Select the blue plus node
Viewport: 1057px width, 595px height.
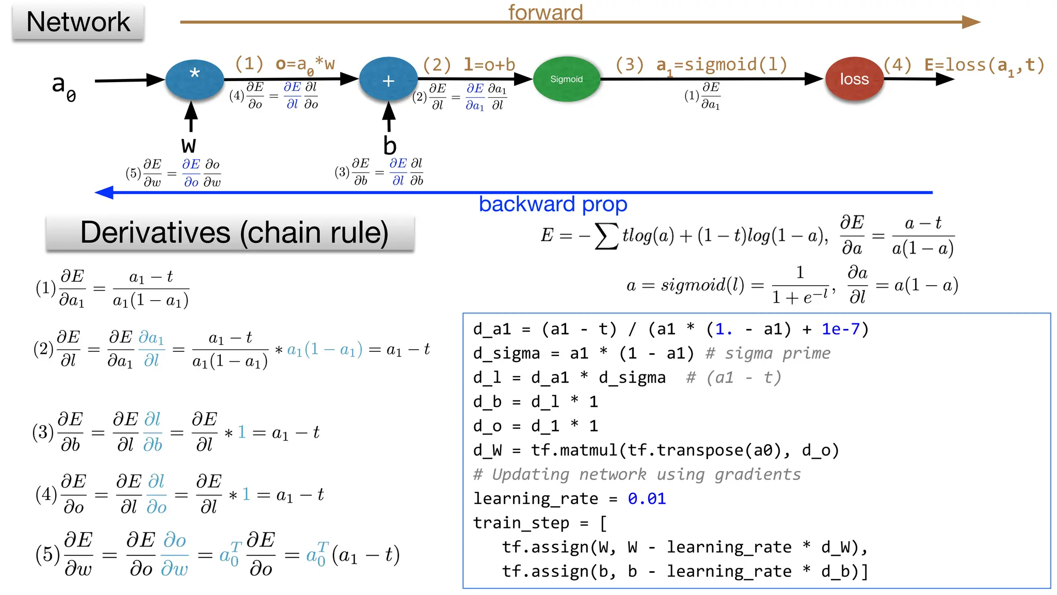tap(388, 80)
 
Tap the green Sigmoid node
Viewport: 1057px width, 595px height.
tap(566, 79)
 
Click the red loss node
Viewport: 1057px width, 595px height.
tap(854, 79)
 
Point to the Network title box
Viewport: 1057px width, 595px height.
tap(78, 22)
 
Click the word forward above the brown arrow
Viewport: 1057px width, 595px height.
tap(545, 12)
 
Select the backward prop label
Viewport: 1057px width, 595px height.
tap(553, 205)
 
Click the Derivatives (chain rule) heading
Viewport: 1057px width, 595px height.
tap(234, 233)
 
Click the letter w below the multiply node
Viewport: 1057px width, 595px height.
tap(188, 145)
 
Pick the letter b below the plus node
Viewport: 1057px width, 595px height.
tap(390, 146)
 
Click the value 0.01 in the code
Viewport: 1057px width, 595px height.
tap(647, 499)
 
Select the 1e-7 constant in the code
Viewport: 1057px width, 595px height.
tap(841, 329)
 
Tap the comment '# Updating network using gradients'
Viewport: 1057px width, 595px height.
tap(637, 475)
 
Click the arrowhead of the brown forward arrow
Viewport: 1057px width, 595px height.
tap(971, 22)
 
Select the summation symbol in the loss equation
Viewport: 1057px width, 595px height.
tap(606, 236)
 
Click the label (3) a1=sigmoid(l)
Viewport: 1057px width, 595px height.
tap(701, 66)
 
